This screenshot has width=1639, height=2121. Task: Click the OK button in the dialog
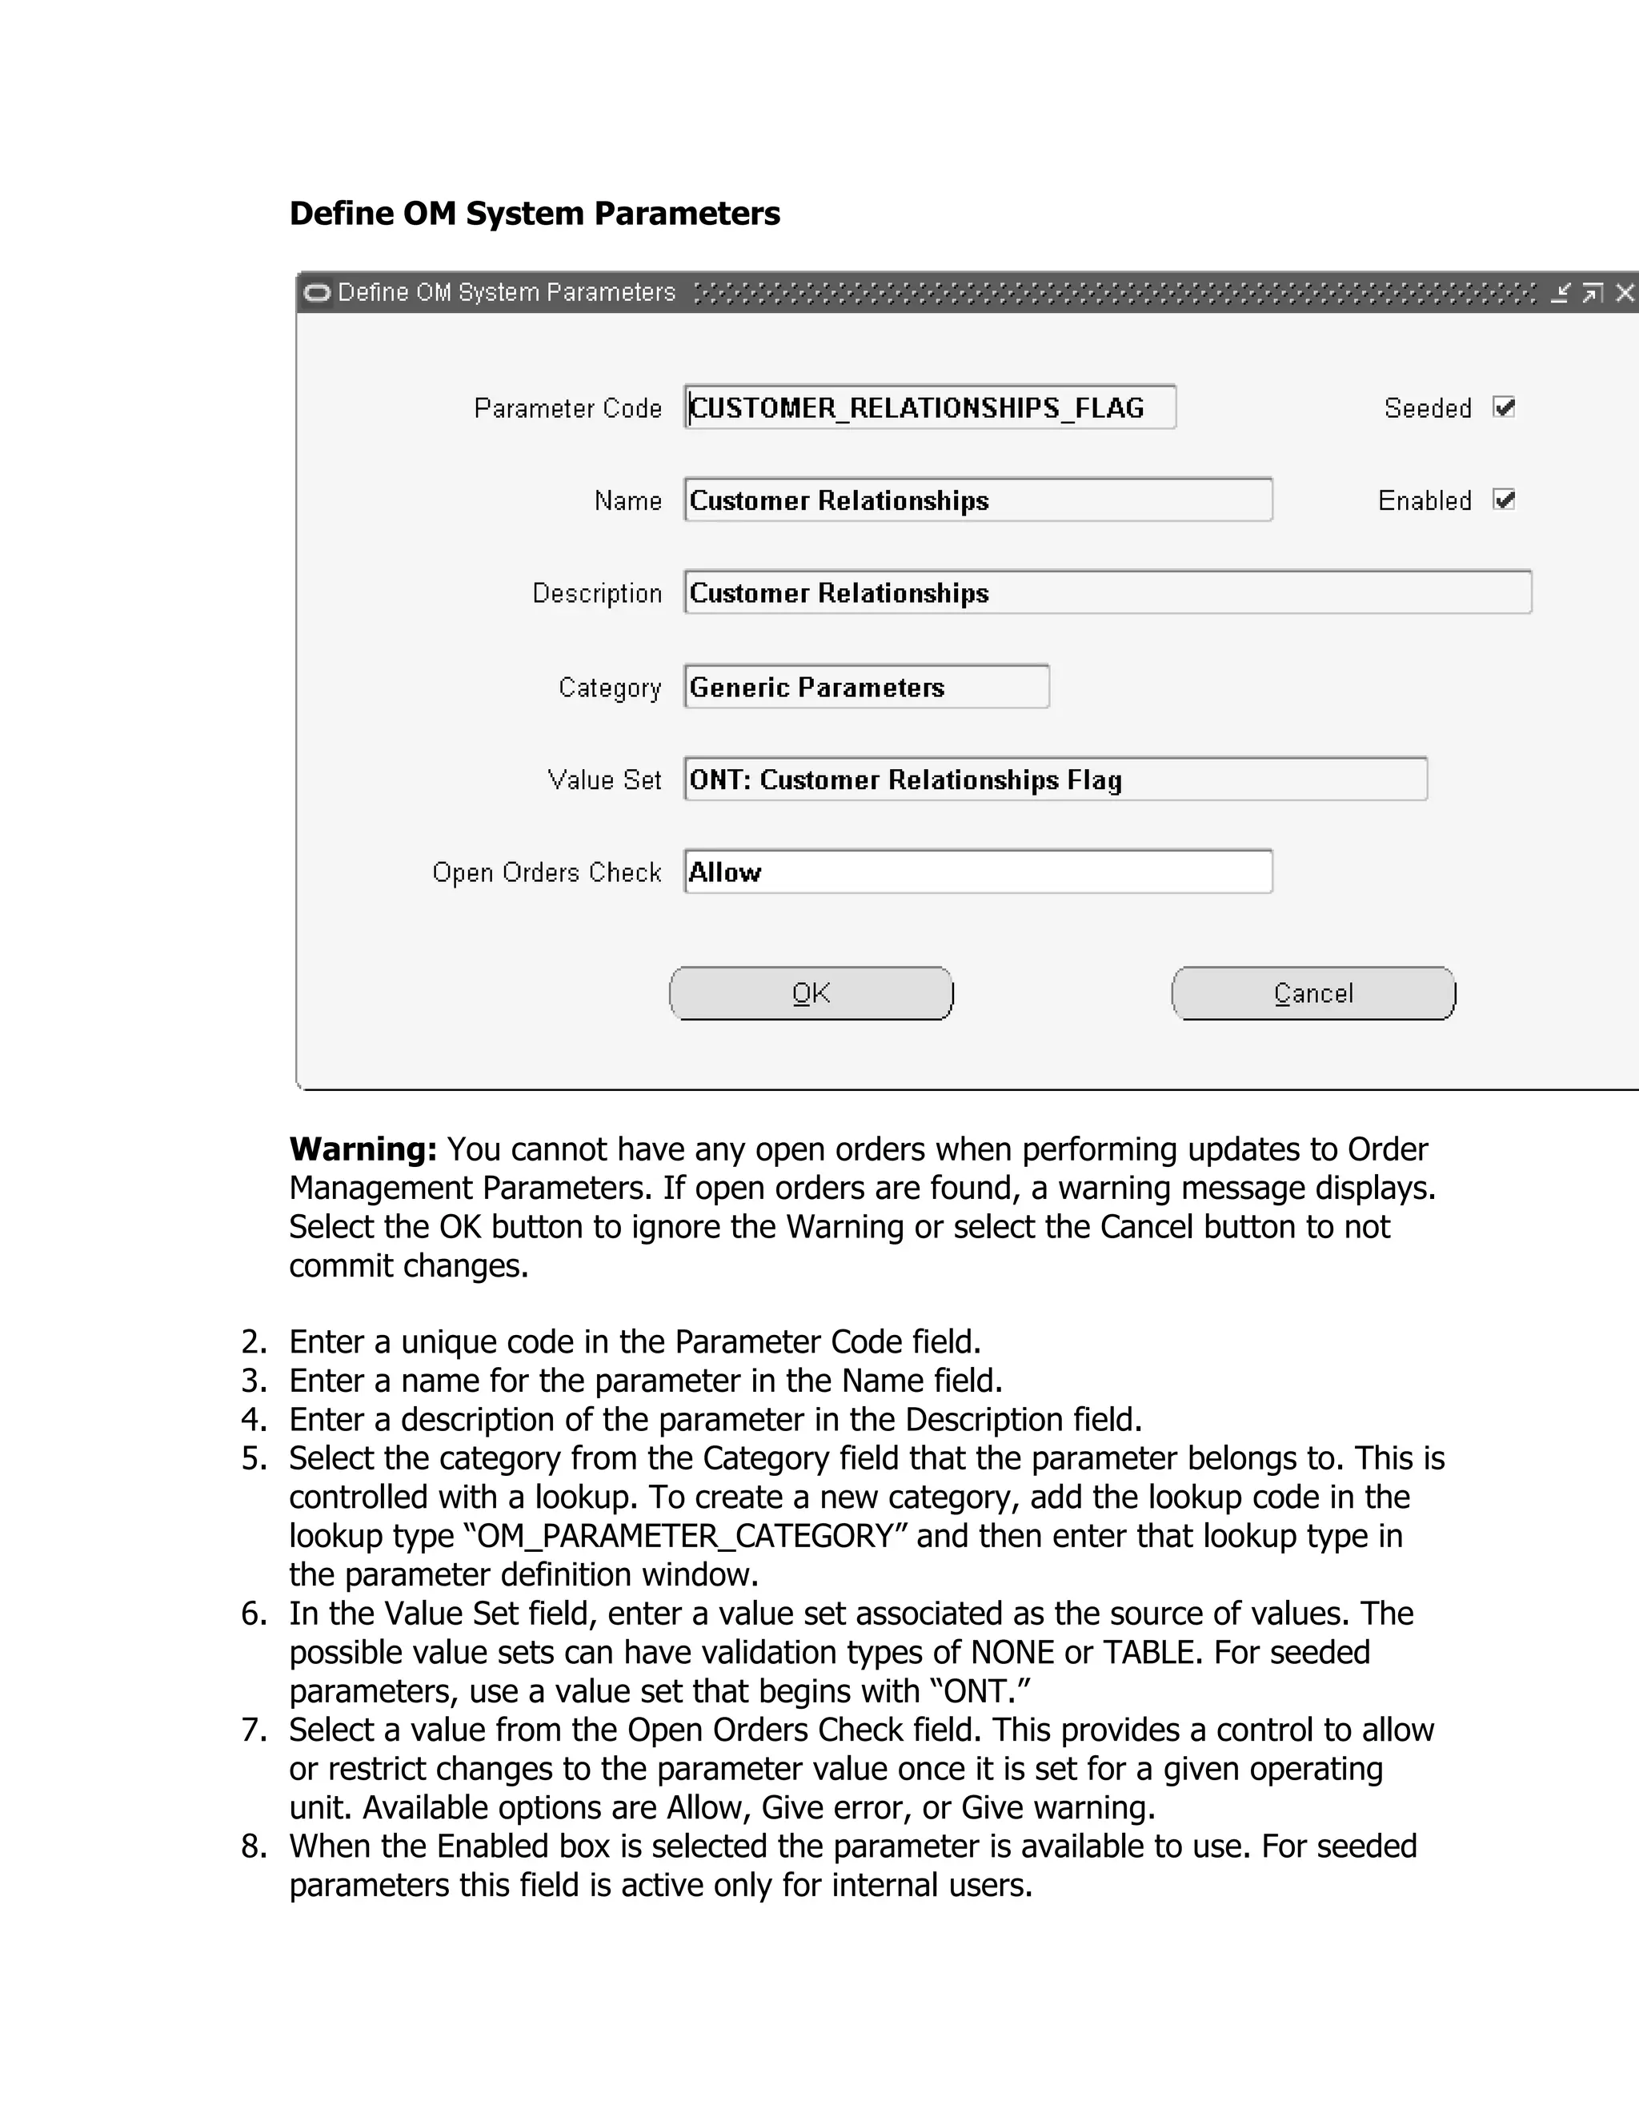pyautogui.click(x=811, y=992)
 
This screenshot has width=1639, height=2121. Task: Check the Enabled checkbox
pyautogui.click(x=1504, y=499)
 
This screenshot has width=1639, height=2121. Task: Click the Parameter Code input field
pyautogui.click(x=929, y=407)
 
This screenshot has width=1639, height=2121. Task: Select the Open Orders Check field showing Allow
pyautogui.click(x=978, y=871)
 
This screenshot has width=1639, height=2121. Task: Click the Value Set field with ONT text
pyautogui.click(x=1056, y=779)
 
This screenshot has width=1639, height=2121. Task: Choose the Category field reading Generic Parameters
pyautogui.click(x=866, y=687)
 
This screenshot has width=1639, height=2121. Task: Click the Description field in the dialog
pyautogui.click(x=1107, y=592)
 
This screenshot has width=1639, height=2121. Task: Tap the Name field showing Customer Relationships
pyautogui.click(x=978, y=499)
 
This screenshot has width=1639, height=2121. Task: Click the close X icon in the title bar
pyautogui.click(x=1625, y=292)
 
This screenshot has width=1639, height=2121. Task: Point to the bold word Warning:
pyautogui.click(x=363, y=1149)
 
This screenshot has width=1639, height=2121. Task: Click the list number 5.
pyautogui.click(x=254, y=1457)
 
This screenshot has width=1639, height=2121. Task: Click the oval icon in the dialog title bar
pyautogui.click(x=317, y=292)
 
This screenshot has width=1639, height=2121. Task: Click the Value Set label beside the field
pyautogui.click(x=604, y=780)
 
